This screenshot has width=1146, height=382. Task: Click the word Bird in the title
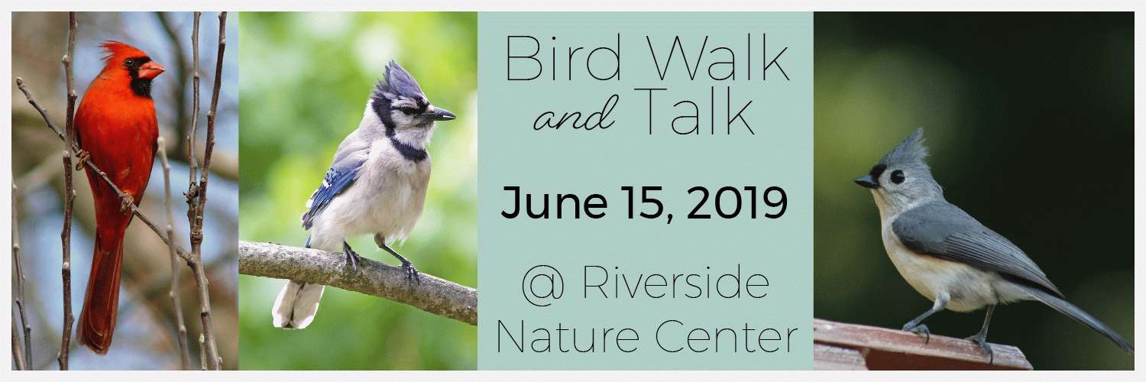[x=563, y=58]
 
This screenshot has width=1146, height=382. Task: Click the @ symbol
[x=543, y=285]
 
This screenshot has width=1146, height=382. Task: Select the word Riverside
[x=675, y=283]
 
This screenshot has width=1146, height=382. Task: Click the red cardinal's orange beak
[x=151, y=70]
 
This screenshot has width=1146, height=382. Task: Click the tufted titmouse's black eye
[x=897, y=177]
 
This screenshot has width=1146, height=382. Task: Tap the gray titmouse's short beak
[x=866, y=181]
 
